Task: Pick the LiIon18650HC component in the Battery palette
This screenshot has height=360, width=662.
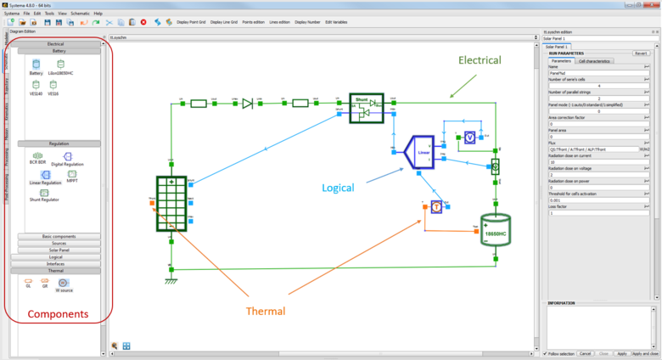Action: click(x=62, y=65)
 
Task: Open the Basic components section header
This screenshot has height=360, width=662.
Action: click(x=59, y=236)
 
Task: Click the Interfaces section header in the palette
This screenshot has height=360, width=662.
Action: click(x=59, y=263)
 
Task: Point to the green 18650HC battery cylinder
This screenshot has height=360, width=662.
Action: click(x=495, y=228)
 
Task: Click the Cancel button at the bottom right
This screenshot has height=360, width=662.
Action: click(x=585, y=353)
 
